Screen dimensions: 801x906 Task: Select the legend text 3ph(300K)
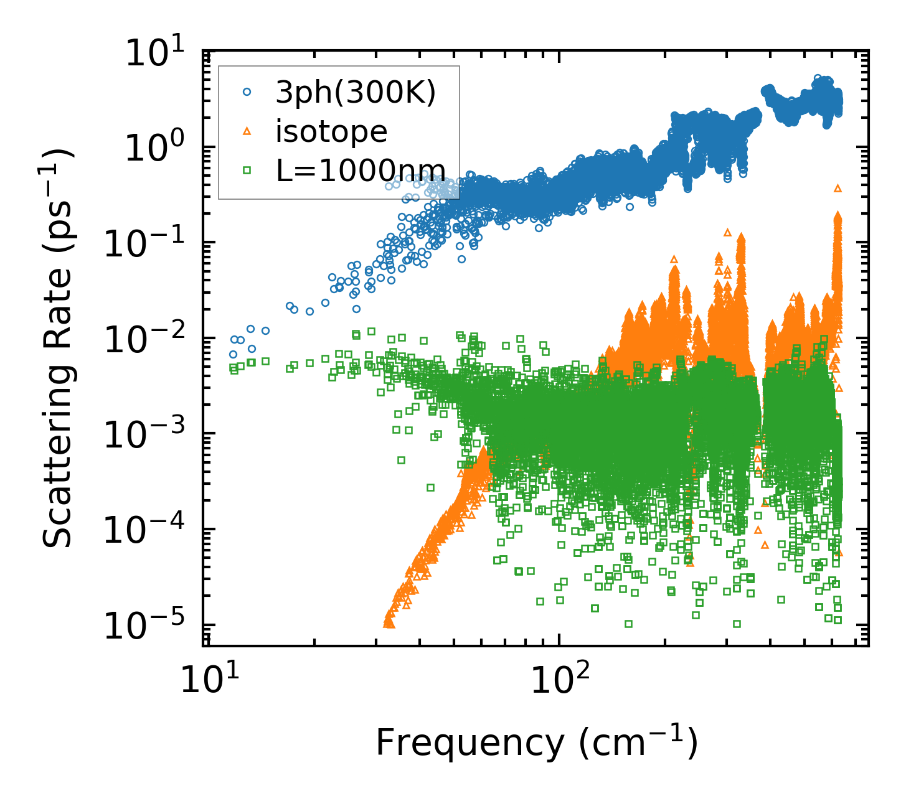pos(356,94)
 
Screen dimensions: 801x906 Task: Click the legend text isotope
pos(332,131)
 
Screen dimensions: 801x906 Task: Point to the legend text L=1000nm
pos(361,169)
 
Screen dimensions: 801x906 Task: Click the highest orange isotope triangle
pos(838,187)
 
